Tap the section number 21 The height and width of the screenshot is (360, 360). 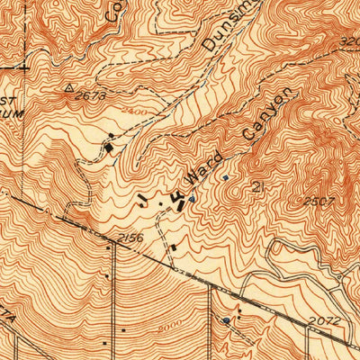click(261, 187)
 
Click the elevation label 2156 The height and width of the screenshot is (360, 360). click(130, 238)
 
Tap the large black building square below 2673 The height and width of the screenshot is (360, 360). click(110, 145)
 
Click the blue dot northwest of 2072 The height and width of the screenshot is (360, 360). click(225, 320)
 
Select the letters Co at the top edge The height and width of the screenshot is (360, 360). click(113, 11)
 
